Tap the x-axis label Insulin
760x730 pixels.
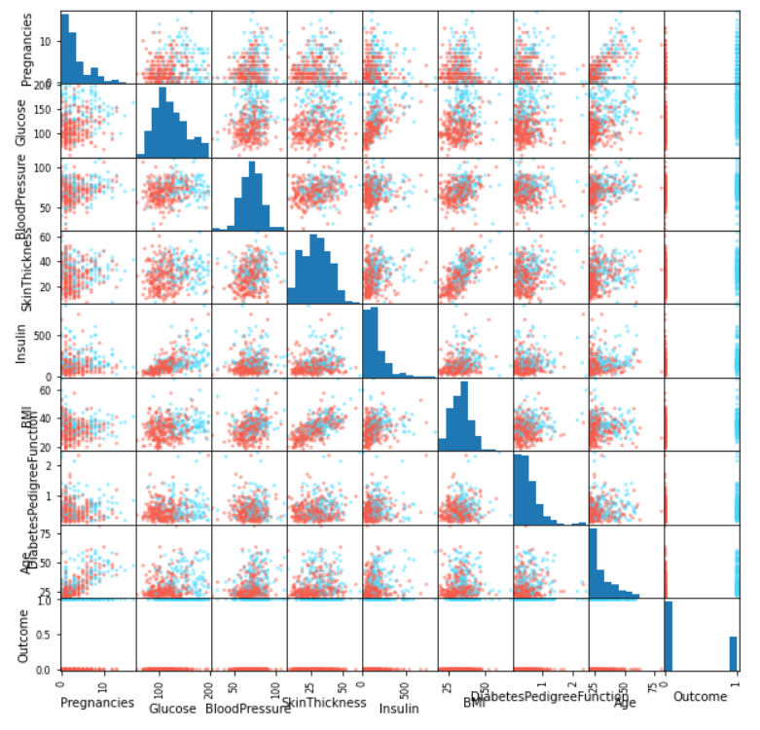pyautogui.click(x=399, y=709)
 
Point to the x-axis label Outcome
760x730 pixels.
pyautogui.click(x=701, y=698)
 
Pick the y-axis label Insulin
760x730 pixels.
pyautogui.click(x=21, y=342)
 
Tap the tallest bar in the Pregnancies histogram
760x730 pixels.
pyautogui.click(x=65, y=49)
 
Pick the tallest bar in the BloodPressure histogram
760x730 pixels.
pyautogui.click(x=252, y=196)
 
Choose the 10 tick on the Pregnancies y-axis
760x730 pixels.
pyautogui.click(x=47, y=41)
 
